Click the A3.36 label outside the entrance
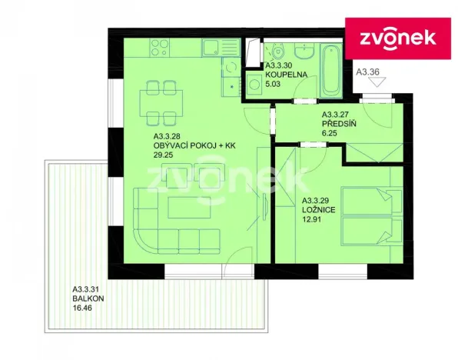pyautogui.click(x=369, y=72)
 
